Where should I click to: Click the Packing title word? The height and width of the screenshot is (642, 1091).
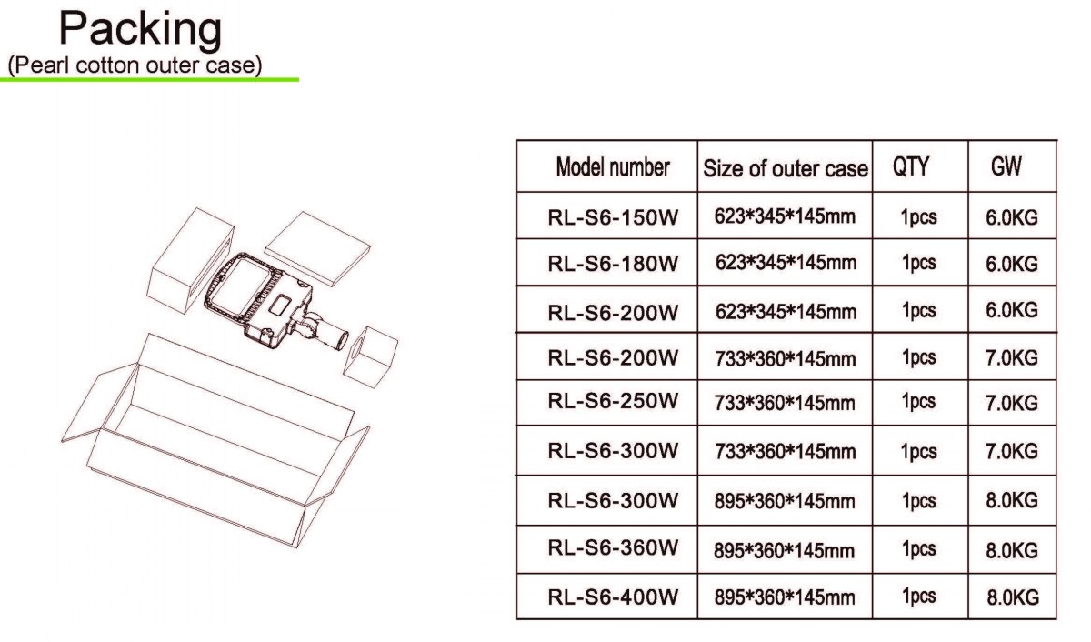pos(140,30)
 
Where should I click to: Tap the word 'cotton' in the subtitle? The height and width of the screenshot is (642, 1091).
pos(108,65)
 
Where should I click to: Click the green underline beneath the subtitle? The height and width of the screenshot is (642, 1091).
pos(149,79)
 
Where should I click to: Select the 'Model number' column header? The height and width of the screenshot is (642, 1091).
pos(613,167)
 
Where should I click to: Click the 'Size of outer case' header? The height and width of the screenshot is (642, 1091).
pos(786,168)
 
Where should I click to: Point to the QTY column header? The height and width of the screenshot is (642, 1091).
pos(910,166)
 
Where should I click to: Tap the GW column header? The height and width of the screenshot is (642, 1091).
pos(1006,166)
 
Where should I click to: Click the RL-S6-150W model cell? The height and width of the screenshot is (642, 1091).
pos(613,217)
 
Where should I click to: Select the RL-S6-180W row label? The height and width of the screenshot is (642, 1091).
pos(613,264)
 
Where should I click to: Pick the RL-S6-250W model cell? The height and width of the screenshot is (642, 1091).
pos(613,401)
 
